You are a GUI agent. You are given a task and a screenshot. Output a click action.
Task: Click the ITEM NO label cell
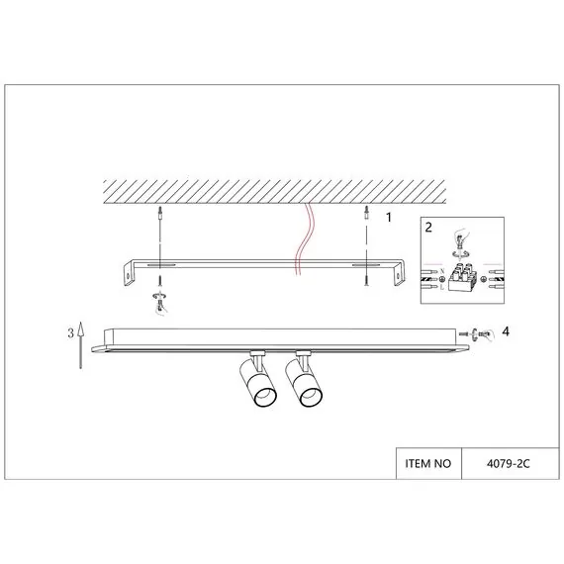[x=428, y=464]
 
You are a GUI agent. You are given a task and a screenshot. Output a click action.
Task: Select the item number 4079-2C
[x=509, y=464]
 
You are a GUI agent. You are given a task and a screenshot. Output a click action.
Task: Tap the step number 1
[x=389, y=218]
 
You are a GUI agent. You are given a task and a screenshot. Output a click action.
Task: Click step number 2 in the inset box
[x=428, y=228]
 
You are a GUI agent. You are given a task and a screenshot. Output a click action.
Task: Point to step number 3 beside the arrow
[x=71, y=333]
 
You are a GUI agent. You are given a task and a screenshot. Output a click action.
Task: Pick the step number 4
[x=506, y=331]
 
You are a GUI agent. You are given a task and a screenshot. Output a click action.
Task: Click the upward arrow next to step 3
[x=81, y=345]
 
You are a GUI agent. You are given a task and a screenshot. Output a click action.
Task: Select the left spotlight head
[x=258, y=383]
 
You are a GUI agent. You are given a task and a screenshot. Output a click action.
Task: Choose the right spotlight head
[x=304, y=383]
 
